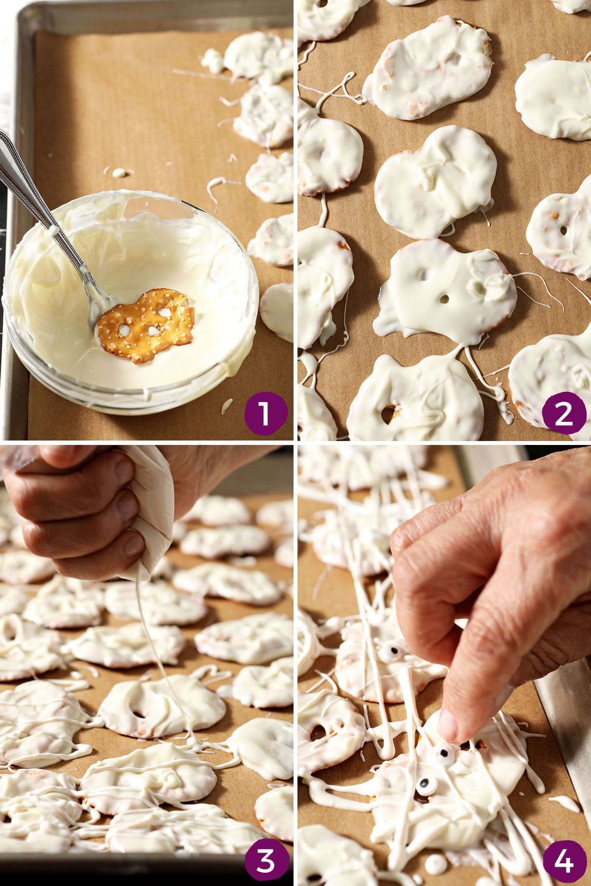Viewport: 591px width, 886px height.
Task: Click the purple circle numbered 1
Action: (265, 412)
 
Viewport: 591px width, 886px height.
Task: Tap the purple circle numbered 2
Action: (564, 412)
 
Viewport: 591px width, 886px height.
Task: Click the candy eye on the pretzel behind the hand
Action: (390, 651)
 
